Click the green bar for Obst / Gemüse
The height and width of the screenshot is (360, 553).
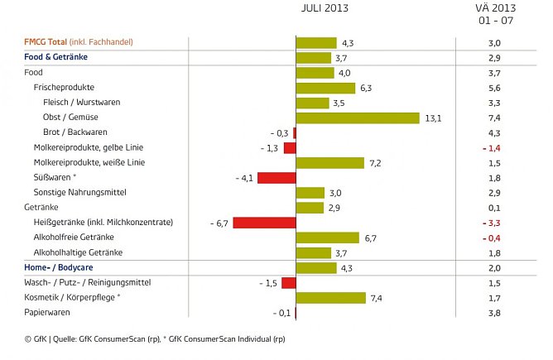[358, 118]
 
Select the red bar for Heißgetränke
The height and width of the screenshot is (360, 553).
[264, 223]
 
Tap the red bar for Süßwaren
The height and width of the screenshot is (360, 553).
[276, 178]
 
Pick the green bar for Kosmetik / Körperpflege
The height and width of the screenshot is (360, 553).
[330, 298]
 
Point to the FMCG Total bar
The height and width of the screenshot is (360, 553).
[316, 43]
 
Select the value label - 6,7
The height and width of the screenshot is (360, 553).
[219, 223]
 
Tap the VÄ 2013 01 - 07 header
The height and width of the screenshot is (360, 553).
[494, 14]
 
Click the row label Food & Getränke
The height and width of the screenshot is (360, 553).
[56, 57]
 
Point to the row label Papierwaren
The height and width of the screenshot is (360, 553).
[48, 313]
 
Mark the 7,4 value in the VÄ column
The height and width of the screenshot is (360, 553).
[494, 118]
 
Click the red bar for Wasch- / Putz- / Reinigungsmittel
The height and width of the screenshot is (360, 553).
[288, 283]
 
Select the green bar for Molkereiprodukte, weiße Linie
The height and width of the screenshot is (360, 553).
[329, 163]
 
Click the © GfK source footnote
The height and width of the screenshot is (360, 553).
[146, 338]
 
